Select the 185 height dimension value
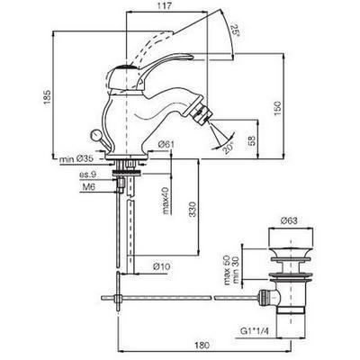point(48,97)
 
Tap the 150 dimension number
point(278,109)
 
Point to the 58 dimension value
point(252,140)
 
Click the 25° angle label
point(235,31)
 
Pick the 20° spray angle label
point(229,148)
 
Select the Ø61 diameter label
point(166,145)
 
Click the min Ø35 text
point(76,159)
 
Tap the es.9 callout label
point(87,174)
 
